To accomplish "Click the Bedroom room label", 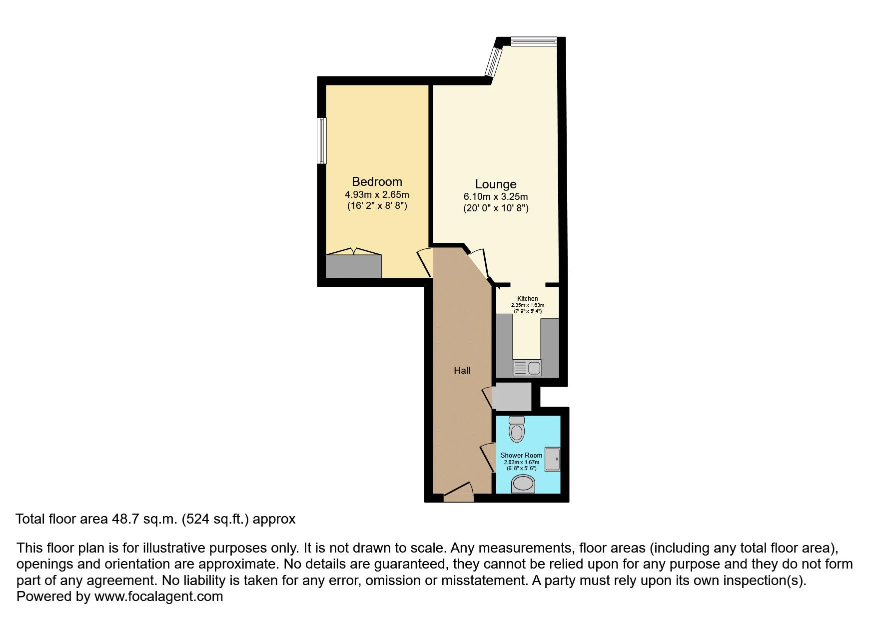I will [377, 181].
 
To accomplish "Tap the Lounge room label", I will [495, 184].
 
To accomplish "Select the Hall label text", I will [462, 370].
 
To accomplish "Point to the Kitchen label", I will [527, 299].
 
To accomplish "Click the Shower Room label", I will [521, 455].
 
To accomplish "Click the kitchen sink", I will [527, 368].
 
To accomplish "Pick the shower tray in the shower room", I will [552, 459].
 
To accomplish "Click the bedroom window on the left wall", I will [322, 140].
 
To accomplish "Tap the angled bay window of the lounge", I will [494, 62].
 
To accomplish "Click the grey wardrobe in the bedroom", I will [353, 266].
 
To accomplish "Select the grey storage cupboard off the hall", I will [511, 397].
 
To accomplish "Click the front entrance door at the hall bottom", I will [459, 496].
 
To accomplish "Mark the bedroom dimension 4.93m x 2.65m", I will [377, 194].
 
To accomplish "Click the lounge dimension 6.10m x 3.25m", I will [495, 197].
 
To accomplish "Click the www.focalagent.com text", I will [158, 596].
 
